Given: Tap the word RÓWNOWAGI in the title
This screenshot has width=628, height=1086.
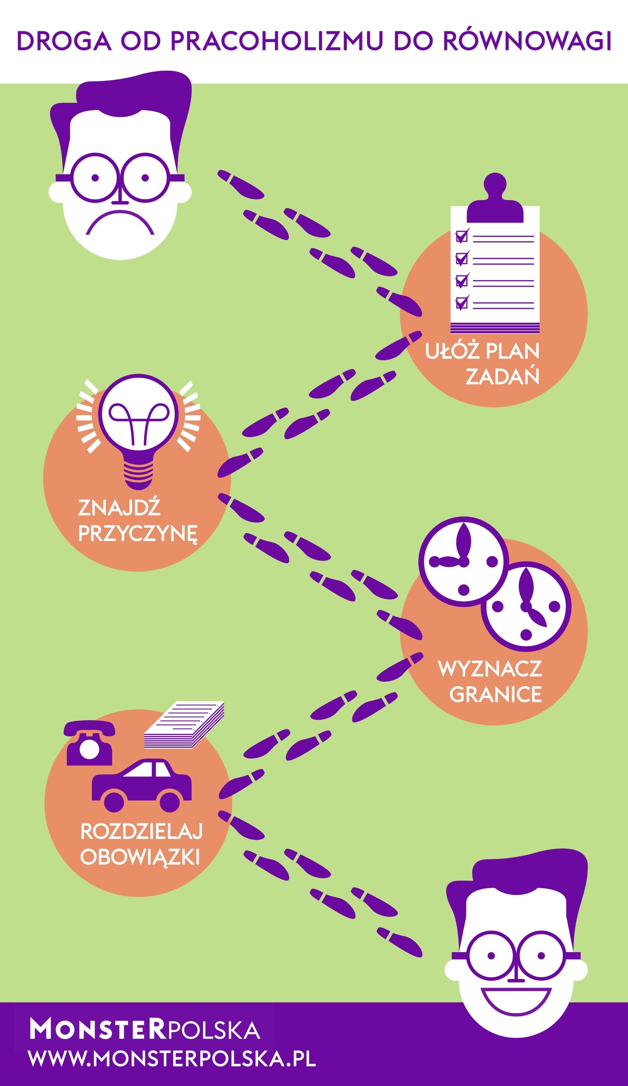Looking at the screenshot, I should pyautogui.click(x=527, y=41).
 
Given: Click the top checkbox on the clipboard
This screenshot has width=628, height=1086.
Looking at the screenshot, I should pyautogui.click(x=461, y=237).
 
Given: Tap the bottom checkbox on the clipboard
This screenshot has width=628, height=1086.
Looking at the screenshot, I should pyautogui.click(x=461, y=303).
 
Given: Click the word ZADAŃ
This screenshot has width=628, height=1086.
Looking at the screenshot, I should pyautogui.click(x=502, y=376).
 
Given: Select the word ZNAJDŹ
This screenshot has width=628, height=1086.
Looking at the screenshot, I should pyautogui.click(x=119, y=508).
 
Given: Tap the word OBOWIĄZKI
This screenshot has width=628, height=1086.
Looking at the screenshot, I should pyautogui.click(x=140, y=857).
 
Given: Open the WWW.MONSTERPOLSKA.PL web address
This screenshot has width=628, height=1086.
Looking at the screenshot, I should pyautogui.click(x=172, y=1059).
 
